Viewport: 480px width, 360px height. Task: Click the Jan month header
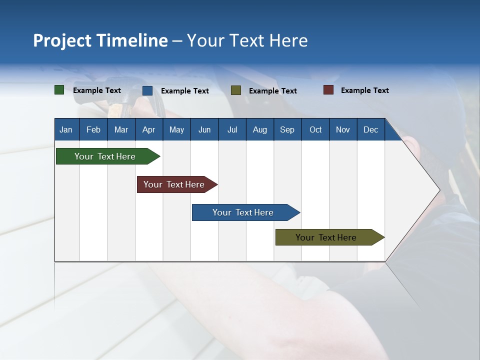[66, 129]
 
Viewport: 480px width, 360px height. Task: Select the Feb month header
[93, 129]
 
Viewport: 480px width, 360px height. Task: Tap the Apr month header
[148, 129]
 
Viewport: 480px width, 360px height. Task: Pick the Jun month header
[204, 129]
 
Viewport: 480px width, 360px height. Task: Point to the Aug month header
[259, 129]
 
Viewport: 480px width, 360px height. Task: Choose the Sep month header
[287, 129]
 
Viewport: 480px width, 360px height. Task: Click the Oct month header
[315, 129]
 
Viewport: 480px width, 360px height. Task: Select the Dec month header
[370, 129]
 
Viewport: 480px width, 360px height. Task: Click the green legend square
[59, 90]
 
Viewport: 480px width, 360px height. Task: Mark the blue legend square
[147, 90]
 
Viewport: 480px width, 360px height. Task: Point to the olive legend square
[236, 90]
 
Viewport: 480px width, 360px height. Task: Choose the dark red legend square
[328, 90]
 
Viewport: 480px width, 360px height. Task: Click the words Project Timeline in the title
[100, 40]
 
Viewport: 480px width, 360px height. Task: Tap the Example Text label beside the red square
[364, 90]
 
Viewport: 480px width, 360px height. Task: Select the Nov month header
[342, 129]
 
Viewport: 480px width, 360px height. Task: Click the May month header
[176, 129]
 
